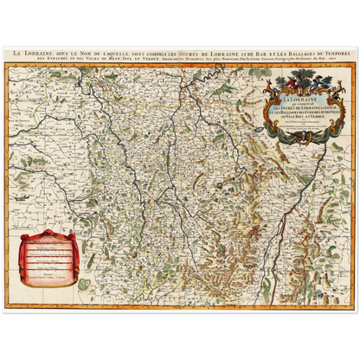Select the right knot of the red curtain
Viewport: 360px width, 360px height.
pos(73,235)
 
